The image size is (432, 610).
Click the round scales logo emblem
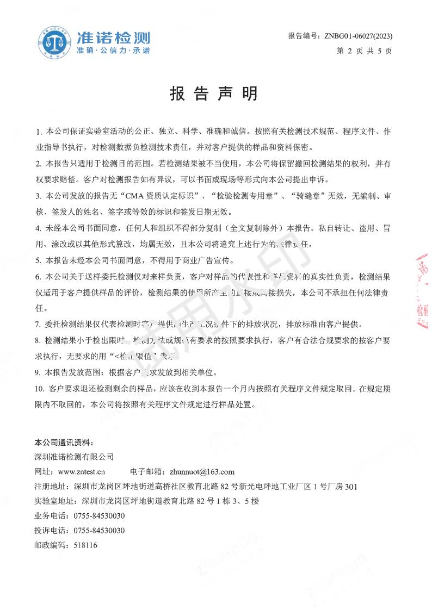pyautogui.click(x=54, y=42)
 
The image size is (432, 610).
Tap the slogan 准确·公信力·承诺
pyautogui.click(x=113, y=51)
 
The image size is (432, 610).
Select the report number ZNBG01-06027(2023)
pyautogui.click(x=358, y=36)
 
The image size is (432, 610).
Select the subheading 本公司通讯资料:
pyautogui.click(x=64, y=441)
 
